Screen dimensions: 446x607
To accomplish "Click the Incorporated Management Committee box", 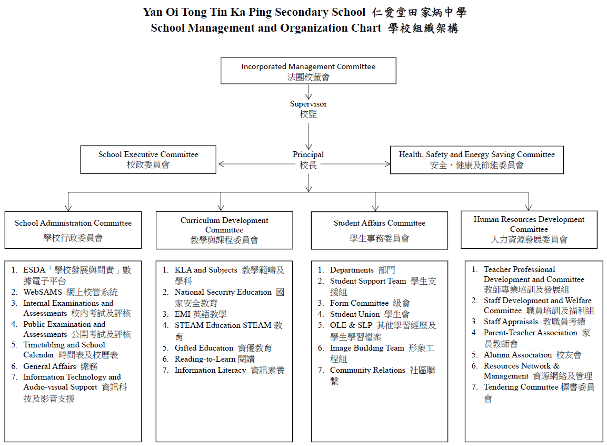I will [x=308, y=71].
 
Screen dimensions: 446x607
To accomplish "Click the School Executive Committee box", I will [x=148, y=159].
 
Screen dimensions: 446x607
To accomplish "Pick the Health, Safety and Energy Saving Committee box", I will [x=476, y=159].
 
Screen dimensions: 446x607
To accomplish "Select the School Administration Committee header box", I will [x=73, y=230].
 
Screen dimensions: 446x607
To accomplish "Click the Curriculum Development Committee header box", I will [x=224, y=230].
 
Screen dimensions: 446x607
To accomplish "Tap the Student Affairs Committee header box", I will [x=379, y=230].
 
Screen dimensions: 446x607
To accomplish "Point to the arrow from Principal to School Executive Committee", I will [x=253, y=164].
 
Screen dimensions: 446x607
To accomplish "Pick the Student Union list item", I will [x=369, y=314].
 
